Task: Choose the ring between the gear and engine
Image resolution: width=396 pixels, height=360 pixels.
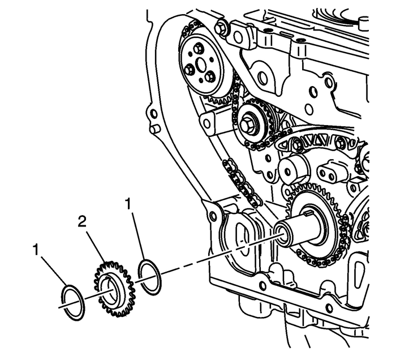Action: [x=149, y=276]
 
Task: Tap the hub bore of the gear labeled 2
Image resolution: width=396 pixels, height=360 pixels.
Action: [x=110, y=290]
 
